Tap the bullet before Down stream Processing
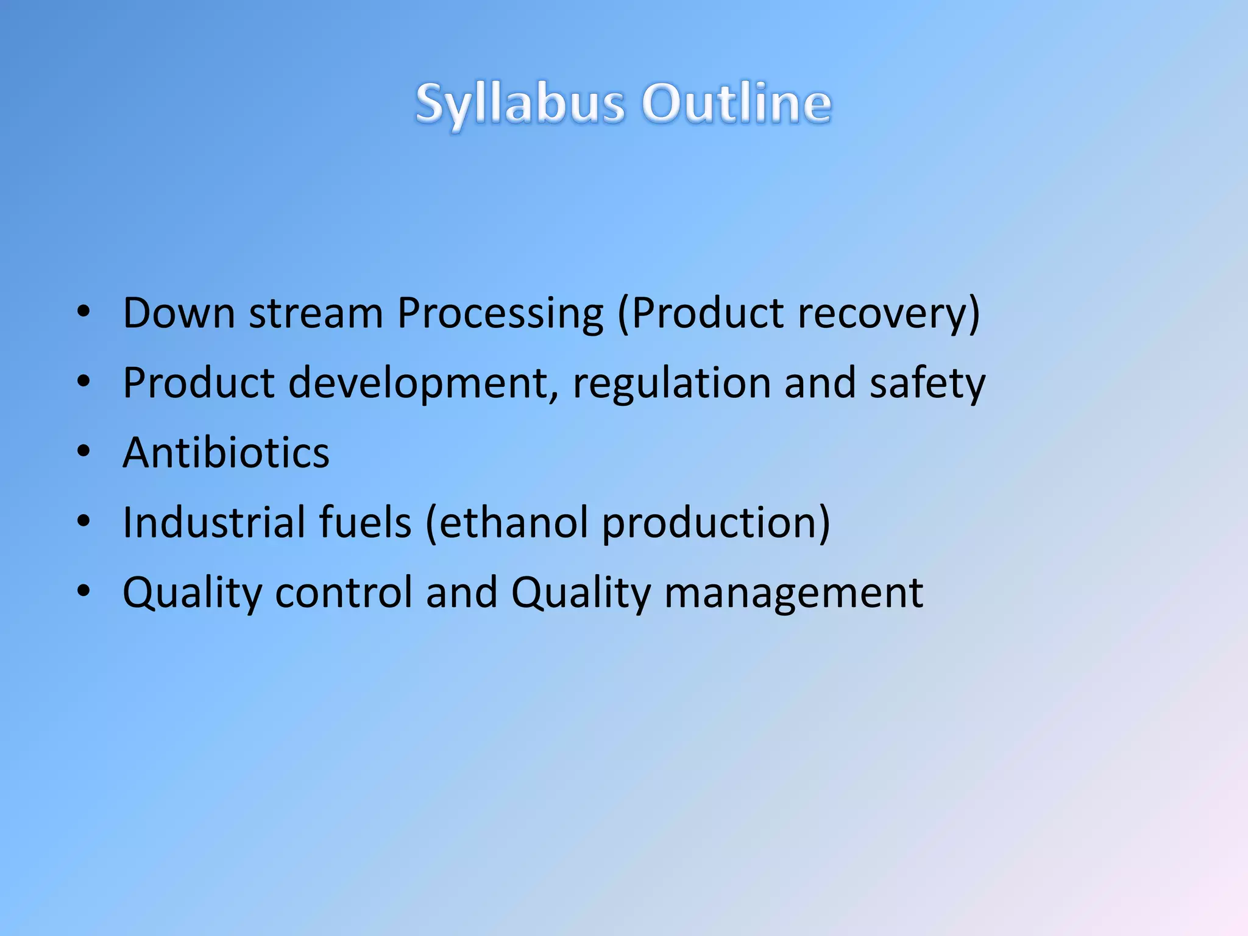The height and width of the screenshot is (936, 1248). point(84,312)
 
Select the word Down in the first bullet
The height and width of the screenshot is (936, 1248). point(179,313)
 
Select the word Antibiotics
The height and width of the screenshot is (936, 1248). point(226,453)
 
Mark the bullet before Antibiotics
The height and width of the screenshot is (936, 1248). point(84,452)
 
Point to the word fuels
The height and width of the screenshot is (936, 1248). point(365,523)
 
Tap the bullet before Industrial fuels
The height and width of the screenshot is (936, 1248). point(84,521)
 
